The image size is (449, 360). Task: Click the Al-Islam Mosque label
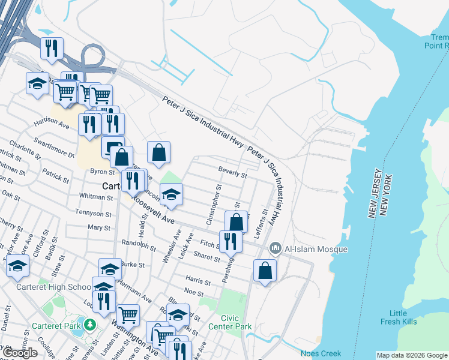[x=316, y=248]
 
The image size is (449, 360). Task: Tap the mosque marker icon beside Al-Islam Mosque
[x=276, y=247]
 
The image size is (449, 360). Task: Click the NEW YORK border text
[x=389, y=196]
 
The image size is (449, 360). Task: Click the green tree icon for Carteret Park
[x=90, y=325]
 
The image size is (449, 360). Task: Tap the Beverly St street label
[x=232, y=173]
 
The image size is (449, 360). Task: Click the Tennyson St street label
[x=93, y=213]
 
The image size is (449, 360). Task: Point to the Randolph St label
[x=139, y=245]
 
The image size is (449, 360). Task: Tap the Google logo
[x=20, y=353]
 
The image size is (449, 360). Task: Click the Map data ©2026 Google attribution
[x=412, y=355]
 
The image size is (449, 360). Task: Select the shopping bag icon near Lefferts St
[x=265, y=271]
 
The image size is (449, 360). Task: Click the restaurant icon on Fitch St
[x=231, y=241]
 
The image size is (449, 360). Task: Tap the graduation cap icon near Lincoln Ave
[x=172, y=194]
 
